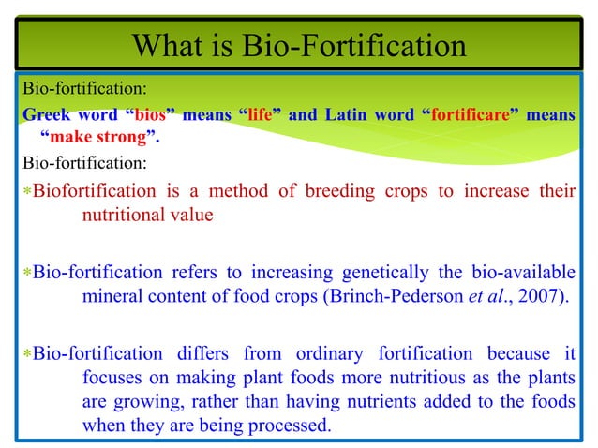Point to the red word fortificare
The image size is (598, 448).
coord(471,116)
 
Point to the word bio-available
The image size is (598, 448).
coord(524,274)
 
